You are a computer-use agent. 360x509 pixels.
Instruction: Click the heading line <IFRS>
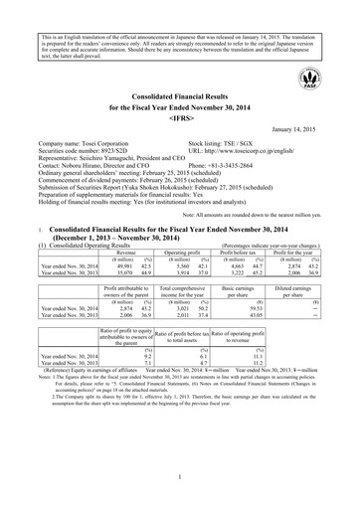(x=179, y=115)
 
